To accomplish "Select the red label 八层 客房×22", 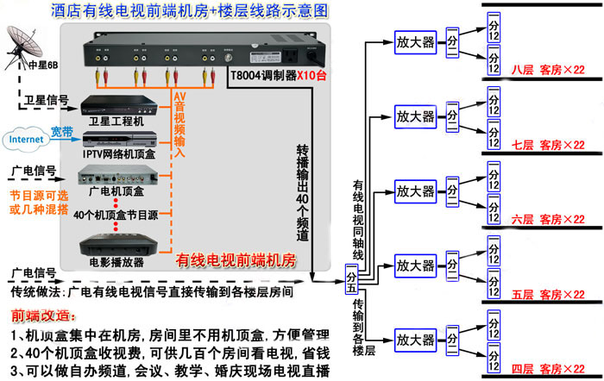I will (x=549, y=70).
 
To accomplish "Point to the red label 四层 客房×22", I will (x=549, y=369).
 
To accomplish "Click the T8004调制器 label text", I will (x=263, y=74).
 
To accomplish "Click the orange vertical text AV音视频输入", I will (x=179, y=125).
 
